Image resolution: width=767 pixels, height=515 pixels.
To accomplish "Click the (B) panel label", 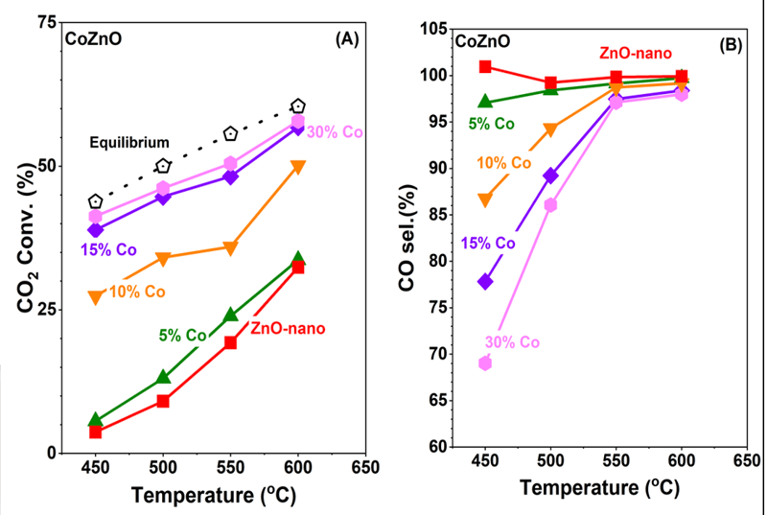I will point(732,44).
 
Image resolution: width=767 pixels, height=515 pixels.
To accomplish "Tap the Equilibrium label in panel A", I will point(129,143).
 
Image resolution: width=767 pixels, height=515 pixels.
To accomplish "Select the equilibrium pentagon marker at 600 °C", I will point(298,106).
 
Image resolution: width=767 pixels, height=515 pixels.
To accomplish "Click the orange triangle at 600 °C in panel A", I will point(298,167).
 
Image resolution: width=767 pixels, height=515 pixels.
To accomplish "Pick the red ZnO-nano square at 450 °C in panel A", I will point(96,433).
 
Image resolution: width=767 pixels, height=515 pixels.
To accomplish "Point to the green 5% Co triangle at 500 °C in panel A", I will point(163,377).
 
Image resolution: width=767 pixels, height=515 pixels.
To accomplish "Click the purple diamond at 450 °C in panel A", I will point(96,230).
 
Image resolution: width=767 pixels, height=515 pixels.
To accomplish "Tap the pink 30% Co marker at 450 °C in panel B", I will point(485,363).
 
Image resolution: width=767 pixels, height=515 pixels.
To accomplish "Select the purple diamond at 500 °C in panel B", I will point(551,176).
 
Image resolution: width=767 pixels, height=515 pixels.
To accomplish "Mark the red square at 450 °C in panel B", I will point(485,67).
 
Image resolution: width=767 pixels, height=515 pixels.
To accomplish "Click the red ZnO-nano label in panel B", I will point(636,53).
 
